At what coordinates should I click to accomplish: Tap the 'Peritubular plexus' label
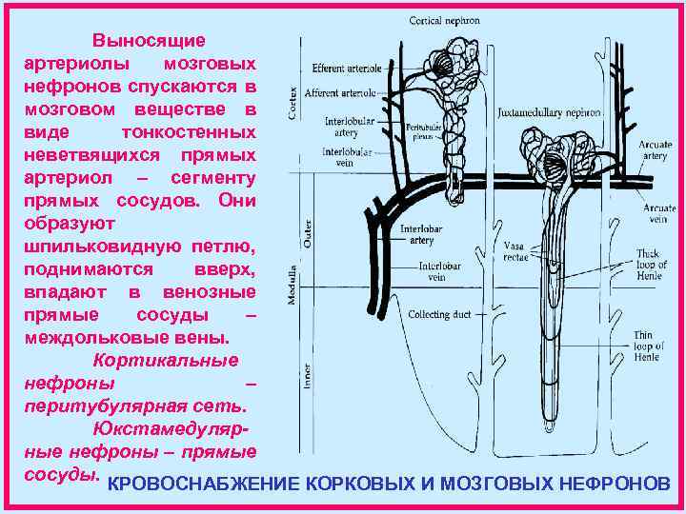pyautogui.click(x=421, y=130)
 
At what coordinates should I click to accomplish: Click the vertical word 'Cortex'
pyautogui.click(x=293, y=103)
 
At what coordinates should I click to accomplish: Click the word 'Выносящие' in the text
pyautogui.click(x=148, y=40)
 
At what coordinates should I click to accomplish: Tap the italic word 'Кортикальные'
pyautogui.click(x=165, y=361)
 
